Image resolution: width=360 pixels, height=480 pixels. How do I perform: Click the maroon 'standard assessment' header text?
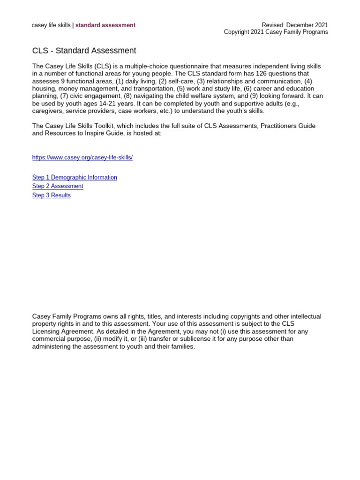coord(105,25)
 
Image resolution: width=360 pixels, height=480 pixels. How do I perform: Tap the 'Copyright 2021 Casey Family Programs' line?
coord(276,32)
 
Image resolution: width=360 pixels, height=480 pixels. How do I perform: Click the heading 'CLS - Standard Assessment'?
coord(84,51)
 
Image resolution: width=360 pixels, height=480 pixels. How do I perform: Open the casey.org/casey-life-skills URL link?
coord(82,157)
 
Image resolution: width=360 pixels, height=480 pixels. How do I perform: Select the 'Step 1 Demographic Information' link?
coord(75,177)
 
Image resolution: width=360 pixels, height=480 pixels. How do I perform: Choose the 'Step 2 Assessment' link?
coord(58,186)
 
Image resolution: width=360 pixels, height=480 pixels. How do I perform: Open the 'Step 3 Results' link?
coord(52,195)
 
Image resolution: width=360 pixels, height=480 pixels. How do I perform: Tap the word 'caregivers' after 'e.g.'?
coord(47,111)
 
